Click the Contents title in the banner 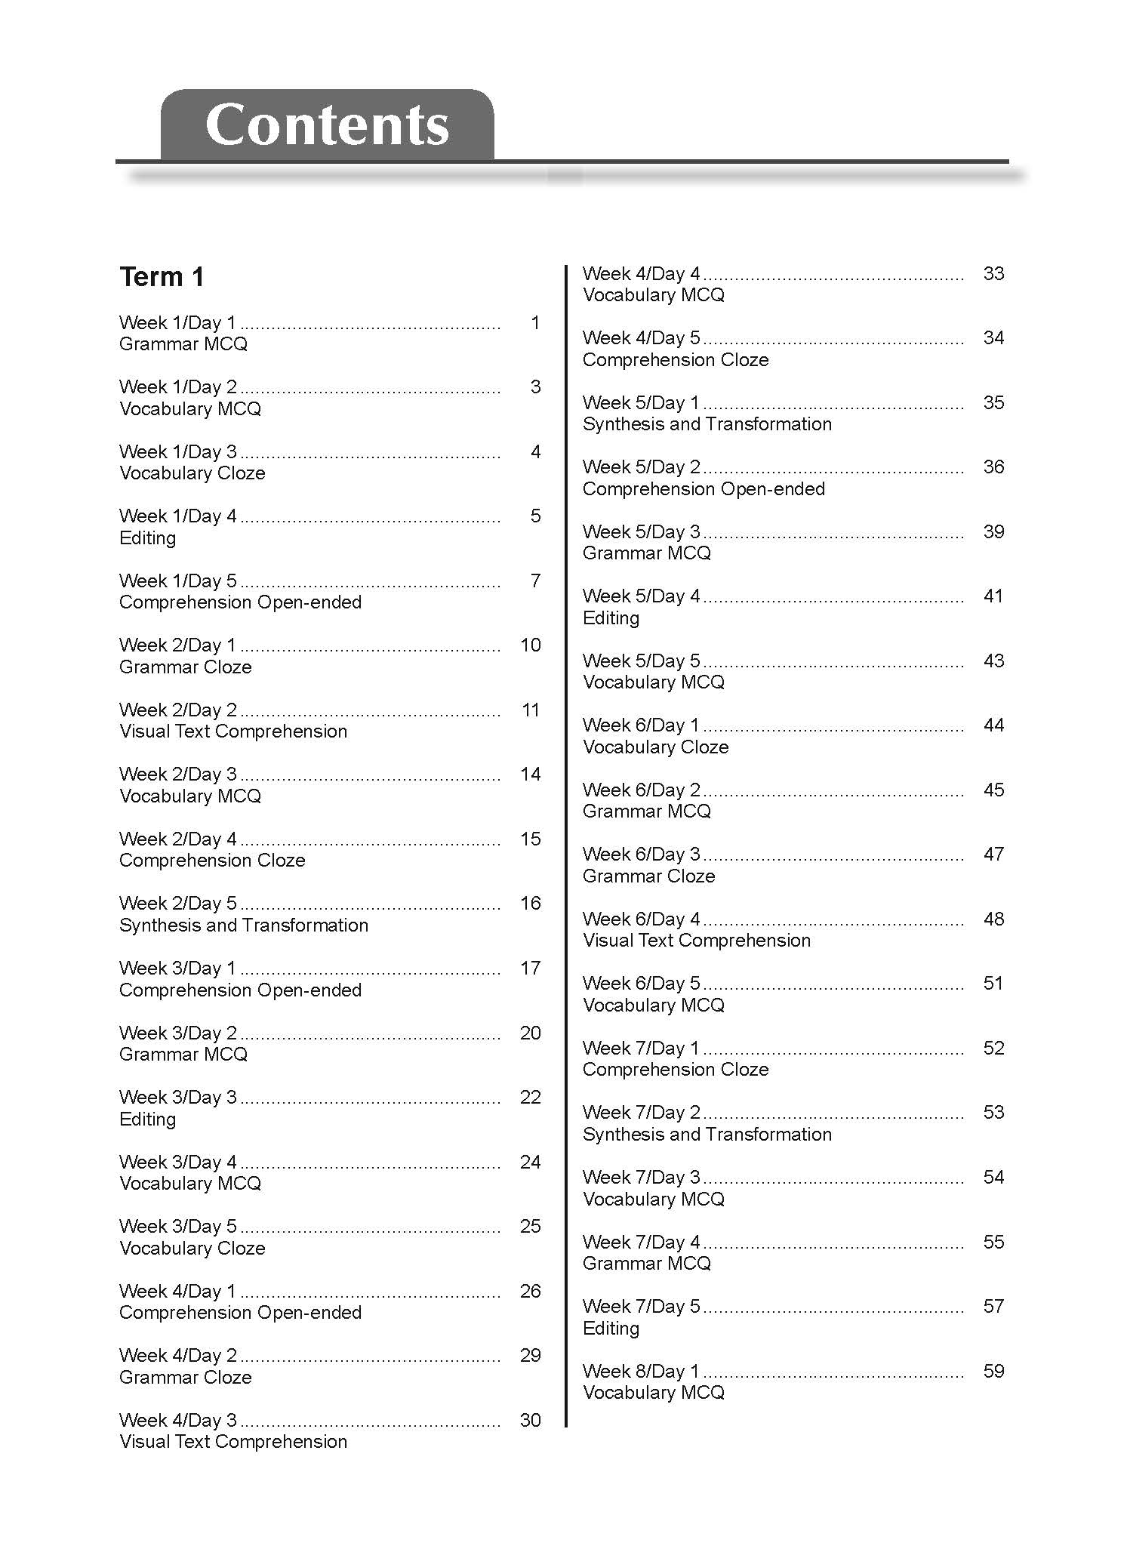point(327,125)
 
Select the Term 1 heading point(162,277)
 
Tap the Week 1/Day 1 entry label point(177,323)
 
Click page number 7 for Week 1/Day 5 point(535,581)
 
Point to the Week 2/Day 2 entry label point(177,710)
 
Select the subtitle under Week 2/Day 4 point(212,861)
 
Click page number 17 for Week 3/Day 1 point(530,968)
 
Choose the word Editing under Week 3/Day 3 point(147,1119)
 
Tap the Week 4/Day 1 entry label point(177,1292)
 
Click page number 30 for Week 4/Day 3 point(530,1420)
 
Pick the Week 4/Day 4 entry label point(641,273)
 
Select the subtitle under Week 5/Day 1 point(707,424)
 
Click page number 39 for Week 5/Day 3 point(993,531)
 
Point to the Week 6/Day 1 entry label point(641,725)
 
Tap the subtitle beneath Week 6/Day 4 point(696,941)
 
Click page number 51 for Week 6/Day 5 point(993,983)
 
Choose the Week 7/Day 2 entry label point(641,1113)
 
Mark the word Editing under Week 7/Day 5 point(611,1329)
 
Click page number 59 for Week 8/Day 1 point(993,1371)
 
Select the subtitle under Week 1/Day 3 point(192,473)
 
